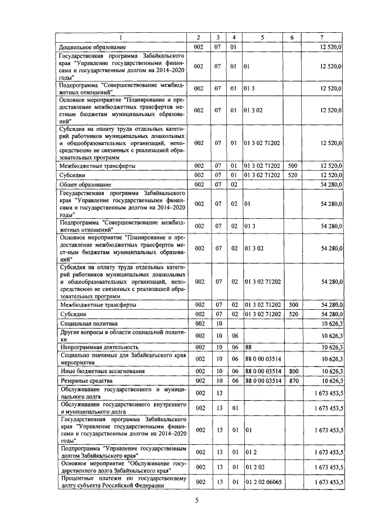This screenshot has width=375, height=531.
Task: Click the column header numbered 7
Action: (322, 38)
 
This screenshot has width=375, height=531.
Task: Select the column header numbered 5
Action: (262, 38)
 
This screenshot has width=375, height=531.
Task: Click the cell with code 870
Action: (293, 381)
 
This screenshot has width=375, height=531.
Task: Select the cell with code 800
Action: (293, 371)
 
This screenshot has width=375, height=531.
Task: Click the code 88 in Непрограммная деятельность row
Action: (248, 347)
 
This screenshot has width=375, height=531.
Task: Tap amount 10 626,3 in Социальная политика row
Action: (332, 323)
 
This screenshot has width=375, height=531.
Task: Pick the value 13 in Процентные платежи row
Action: (217, 482)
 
